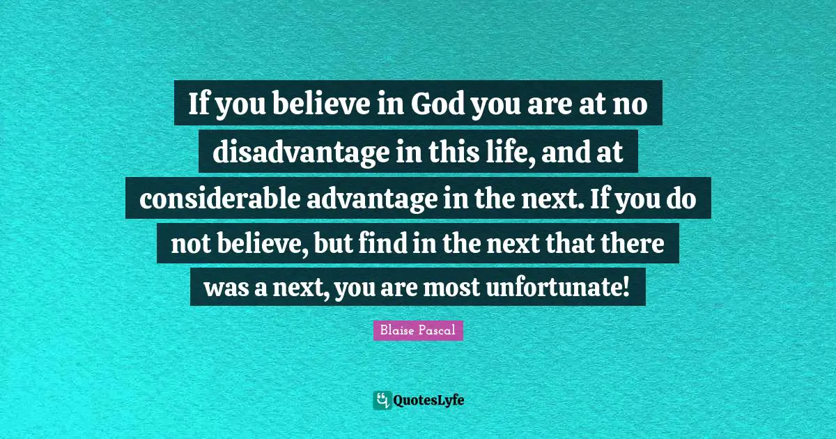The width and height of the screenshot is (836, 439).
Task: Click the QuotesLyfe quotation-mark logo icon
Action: click(382, 400)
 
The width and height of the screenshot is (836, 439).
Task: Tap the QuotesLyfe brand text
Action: click(428, 401)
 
